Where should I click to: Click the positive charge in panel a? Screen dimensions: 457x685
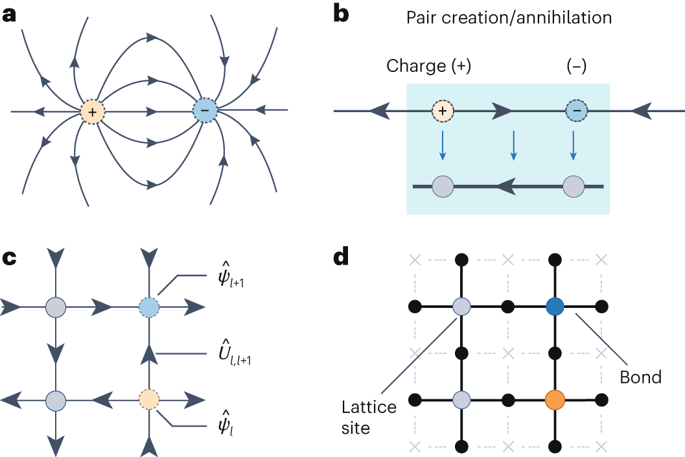coord(93,111)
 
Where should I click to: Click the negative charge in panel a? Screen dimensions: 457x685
coord(205,111)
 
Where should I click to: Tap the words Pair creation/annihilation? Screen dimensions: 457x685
coord(509,18)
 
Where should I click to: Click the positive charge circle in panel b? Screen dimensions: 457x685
coord(443,111)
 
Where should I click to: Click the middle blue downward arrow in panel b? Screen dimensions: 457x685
coord(513,145)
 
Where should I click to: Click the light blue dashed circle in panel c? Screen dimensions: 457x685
coord(149,306)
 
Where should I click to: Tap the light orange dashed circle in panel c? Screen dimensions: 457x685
coord(149,397)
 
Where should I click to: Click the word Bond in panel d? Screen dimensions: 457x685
coord(640,377)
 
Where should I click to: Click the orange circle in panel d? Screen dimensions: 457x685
coord(555,398)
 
